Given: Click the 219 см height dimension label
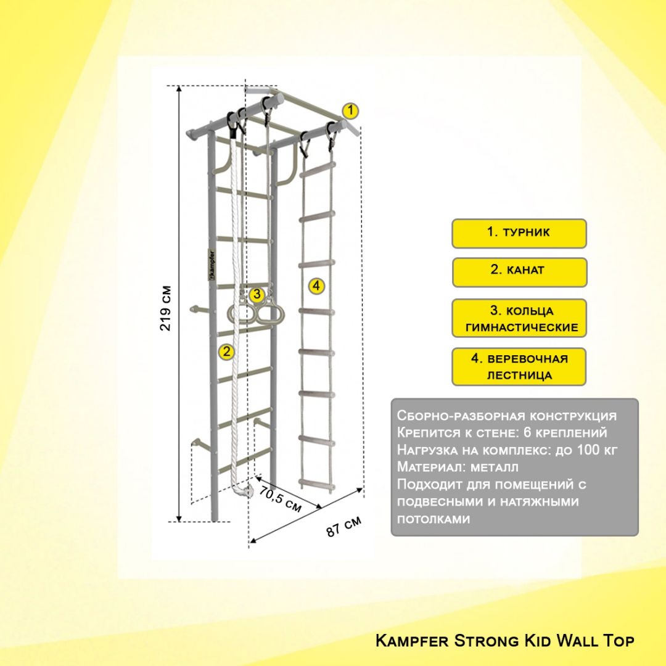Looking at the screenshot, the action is (166, 308).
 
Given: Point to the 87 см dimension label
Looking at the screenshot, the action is (344, 527).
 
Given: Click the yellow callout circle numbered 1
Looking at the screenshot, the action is (350, 111).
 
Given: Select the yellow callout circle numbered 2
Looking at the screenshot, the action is (226, 351).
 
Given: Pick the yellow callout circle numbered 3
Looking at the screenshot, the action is (257, 294).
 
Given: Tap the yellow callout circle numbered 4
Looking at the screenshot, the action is (316, 286).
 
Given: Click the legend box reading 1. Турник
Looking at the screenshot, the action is (519, 233).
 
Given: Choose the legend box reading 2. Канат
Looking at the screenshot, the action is (519, 272).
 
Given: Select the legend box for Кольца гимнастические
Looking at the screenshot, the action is (519, 318).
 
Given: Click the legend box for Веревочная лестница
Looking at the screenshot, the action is (519, 366).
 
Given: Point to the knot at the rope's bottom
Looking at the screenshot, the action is (246, 489).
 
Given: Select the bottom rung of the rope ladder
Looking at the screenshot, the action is (316, 483).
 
